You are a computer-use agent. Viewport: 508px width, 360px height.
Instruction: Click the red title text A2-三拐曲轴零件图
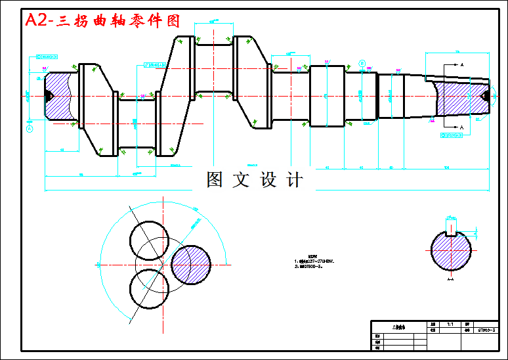[x=102, y=20]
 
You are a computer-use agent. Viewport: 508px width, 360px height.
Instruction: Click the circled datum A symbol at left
[x=30, y=129]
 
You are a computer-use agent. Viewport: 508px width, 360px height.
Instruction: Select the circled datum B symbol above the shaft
[x=362, y=63]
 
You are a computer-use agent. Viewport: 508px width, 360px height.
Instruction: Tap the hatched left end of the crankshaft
[x=60, y=96]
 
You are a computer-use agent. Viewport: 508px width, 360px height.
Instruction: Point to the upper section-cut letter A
[x=461, y=65]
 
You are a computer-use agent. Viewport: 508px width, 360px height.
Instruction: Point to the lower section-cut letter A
[x=461, y=126]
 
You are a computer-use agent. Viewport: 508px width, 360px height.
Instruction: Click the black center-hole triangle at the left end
[x=49, y=96]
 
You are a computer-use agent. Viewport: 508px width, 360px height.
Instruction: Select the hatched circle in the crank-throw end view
[x=190, y=264]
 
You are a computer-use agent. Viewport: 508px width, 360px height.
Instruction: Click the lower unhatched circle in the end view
[x=150, y=289]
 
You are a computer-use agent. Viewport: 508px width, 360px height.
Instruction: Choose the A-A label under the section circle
[x=450, y=280]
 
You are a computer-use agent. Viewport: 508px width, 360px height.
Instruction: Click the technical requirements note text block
[x=315, y=263]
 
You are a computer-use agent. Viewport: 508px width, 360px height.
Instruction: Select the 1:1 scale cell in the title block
[x=450, y=325]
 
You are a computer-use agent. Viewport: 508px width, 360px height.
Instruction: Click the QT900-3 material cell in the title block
[x=486, y=331]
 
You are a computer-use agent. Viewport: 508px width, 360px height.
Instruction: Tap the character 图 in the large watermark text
[x=215, y=179]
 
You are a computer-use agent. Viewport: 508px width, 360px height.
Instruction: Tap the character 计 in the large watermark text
[x=295, y=179]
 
